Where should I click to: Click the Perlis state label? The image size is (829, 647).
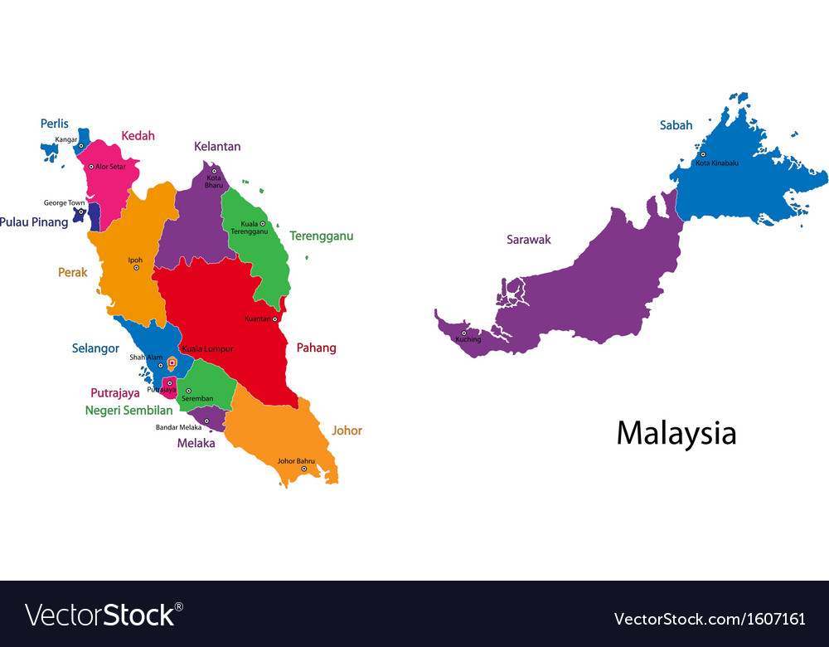55,124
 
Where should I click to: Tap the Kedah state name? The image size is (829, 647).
138,136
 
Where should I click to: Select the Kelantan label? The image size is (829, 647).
217,147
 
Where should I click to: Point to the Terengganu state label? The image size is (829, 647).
321,236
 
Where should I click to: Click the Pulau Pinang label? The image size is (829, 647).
34,222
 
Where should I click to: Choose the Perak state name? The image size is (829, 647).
72,272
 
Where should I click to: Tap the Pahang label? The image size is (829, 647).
316,348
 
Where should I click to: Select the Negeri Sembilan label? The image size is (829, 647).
128,410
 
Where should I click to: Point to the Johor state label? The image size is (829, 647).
347,431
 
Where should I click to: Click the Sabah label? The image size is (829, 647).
676,125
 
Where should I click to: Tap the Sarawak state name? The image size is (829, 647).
528,240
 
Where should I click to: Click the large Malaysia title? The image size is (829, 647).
676,433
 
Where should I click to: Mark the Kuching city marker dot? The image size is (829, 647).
463,333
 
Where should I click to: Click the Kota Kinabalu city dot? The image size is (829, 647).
702,154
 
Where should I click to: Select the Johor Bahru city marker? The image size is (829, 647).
303,469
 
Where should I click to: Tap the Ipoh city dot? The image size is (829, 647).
136,267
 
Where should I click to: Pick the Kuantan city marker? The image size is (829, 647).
274,319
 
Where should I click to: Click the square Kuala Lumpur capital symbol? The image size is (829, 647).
172,362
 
